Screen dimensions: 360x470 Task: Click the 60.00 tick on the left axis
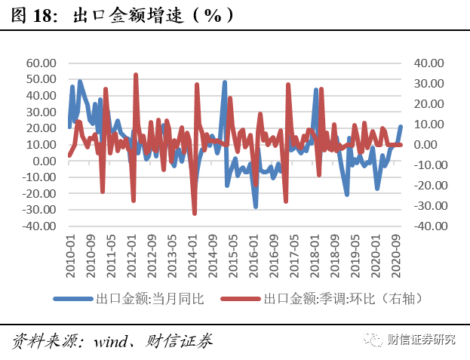tap(43, 63)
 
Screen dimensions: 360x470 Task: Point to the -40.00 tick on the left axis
tap(41, 226)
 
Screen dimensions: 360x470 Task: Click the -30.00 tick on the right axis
tap(427, 205)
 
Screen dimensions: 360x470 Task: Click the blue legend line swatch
tap(73, 298)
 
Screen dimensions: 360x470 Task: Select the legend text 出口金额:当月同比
tap(149, 298)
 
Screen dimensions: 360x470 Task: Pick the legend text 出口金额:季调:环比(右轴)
tap(339, 298)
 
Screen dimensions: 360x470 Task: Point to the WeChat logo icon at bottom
tap(374, 340)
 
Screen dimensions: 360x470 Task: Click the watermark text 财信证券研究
tap(422, 340)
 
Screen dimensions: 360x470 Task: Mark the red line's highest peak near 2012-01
tap(136, 75)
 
